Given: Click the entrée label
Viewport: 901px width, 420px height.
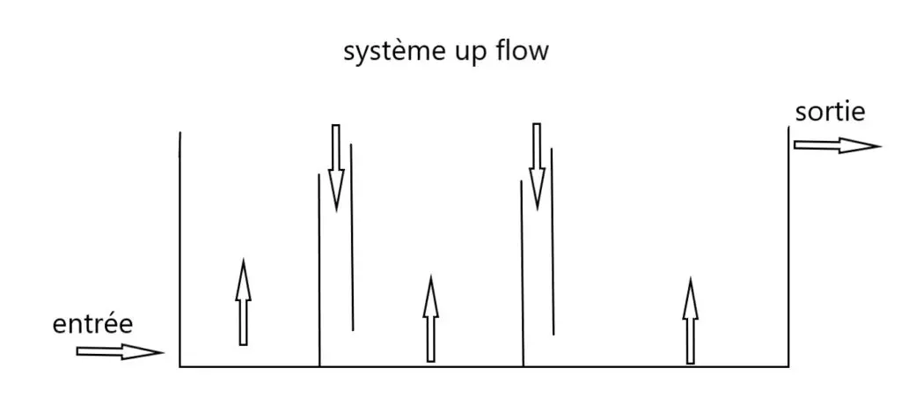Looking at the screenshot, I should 93,325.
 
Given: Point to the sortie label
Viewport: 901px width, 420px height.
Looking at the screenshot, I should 830,113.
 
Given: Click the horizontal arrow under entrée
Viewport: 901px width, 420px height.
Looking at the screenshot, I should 120,352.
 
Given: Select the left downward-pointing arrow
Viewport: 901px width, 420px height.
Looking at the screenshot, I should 335,167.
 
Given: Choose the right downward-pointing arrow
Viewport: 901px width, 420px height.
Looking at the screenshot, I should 536,166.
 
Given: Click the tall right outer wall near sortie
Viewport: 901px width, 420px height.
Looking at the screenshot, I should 788,247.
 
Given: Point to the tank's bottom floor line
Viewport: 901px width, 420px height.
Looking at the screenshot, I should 484,365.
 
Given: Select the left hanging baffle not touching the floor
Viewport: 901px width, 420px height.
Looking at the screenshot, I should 351,237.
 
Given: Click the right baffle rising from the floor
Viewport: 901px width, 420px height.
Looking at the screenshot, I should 522,273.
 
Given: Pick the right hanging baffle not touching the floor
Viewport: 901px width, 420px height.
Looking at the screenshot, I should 552,241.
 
